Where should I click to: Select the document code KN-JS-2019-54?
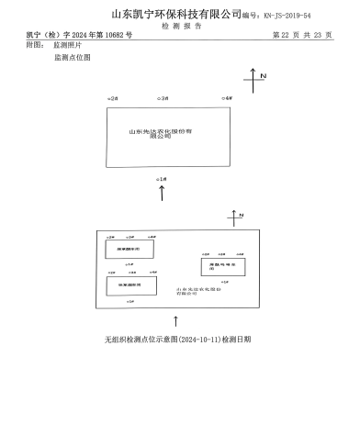pos(288,17)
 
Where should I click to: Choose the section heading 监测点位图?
pos(73,57)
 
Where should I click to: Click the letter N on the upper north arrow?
pos(263,75)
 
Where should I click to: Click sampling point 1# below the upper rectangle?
pos(162,177)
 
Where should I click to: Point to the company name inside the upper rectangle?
pos(166,134)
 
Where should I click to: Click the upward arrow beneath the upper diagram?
pos(163,193)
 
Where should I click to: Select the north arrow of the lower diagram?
pos(234,217)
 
